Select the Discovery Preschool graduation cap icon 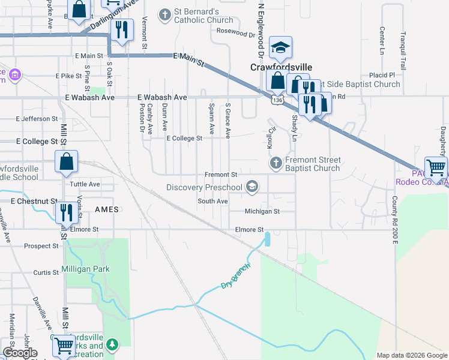coord(253,188)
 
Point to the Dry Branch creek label coord(235,276)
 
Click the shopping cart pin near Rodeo coord(435,167)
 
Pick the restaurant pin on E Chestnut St coord(65,212)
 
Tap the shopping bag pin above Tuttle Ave coord(66,161)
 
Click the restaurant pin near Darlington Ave coord(122,29)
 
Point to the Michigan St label coord(262,211)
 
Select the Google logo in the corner coord(20,353)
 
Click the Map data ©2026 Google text coord(411,355)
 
